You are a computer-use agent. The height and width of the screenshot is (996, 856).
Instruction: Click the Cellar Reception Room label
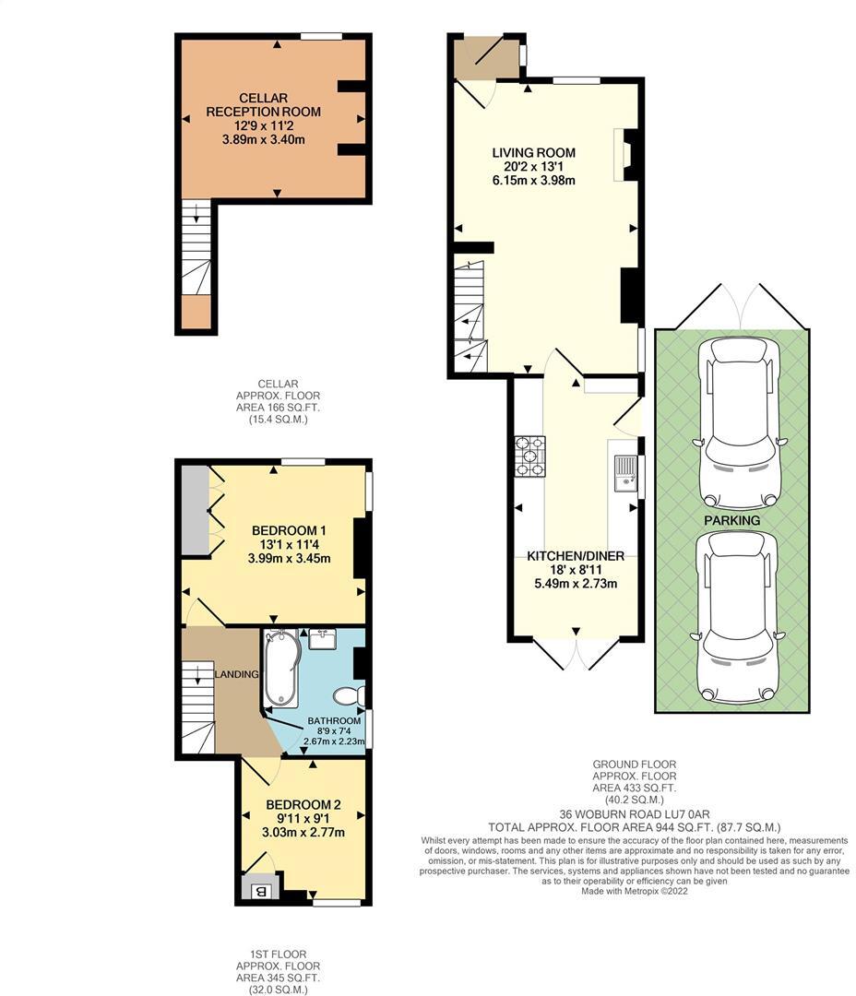tap(263, 105)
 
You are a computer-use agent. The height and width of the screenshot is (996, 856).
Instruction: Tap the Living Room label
tap(534, 152)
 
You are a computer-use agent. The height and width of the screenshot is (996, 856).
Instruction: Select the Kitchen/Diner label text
tap(576, 556)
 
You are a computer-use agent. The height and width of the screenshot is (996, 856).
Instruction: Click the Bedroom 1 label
tap(289, 530)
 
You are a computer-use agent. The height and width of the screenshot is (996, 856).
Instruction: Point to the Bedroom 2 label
tap(303, 805)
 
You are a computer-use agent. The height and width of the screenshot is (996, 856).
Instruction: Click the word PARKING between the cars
tap(732, 520)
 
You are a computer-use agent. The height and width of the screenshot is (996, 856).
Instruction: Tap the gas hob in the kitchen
tap(530, 456)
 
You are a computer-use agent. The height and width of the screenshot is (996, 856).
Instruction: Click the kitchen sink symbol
tap(625, 473)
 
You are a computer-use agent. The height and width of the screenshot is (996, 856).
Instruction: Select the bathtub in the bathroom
tap(281, 669)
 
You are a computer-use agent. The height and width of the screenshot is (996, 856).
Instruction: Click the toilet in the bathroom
tap(349, 695)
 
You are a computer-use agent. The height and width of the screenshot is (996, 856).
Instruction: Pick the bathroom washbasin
tap(323, 638)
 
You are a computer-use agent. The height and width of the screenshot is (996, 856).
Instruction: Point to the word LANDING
tap(236, 674)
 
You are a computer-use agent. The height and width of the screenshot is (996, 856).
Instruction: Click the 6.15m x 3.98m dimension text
tap(534, 181)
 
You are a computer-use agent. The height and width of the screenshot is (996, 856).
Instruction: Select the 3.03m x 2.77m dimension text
tap(303, 832)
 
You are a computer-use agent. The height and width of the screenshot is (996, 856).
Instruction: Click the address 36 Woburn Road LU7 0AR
tap(635, 814)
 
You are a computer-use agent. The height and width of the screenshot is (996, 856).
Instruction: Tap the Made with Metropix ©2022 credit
tap(635, 891)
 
